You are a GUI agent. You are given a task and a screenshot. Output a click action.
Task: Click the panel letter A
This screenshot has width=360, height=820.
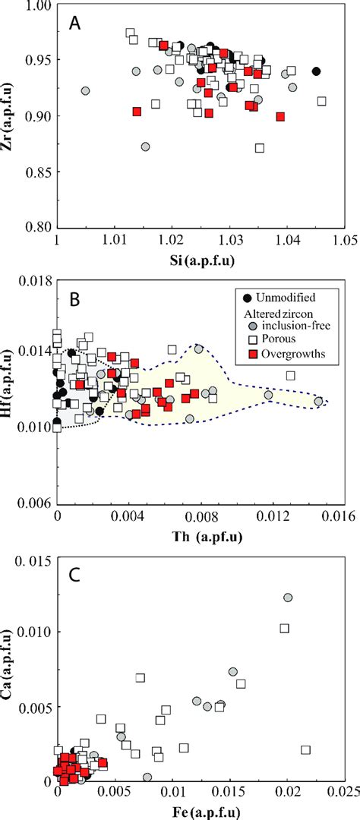75,22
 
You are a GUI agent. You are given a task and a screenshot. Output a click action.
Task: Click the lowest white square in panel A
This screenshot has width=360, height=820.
260,148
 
